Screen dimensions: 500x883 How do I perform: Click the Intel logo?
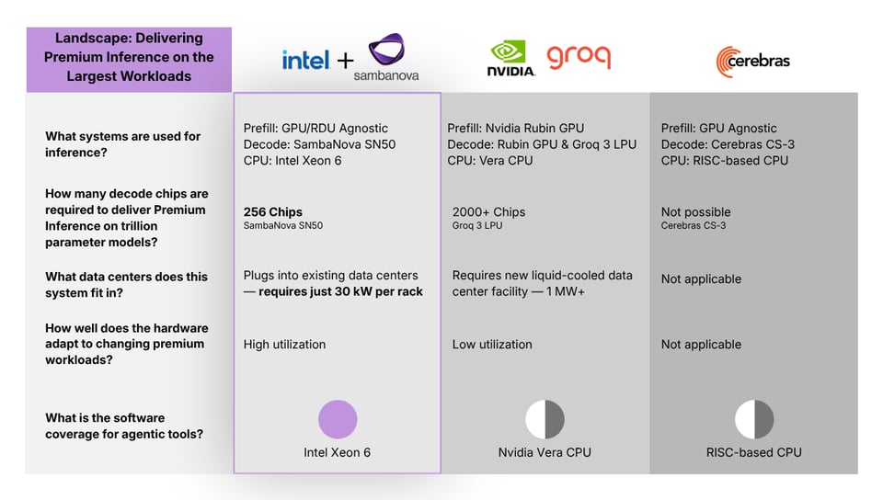(x=305, y=61)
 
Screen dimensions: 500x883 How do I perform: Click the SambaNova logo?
(x=386, y=57)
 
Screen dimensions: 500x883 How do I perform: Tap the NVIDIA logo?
(x=510, y=58)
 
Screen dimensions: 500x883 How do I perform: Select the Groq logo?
(x=579, y=56)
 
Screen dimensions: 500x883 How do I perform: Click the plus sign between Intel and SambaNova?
(x=345, y=62)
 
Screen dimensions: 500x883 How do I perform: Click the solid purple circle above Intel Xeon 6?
(x=338, y=419)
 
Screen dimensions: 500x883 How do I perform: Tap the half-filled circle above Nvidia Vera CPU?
(x=545, y=419)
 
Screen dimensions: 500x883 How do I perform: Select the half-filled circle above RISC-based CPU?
(x=754, y=419)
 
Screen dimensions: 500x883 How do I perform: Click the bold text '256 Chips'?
(x=273, y=211)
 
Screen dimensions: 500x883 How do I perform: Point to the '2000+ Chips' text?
(x=488, y=211)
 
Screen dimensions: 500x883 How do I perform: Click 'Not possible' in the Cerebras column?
(x=695, y=211)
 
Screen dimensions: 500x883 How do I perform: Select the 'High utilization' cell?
(x=284, y=344)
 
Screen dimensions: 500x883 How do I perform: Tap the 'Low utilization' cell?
(x=492, y=344)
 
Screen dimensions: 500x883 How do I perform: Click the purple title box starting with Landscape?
(x=129, y=59)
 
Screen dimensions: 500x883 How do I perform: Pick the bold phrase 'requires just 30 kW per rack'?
(x=340, y=291)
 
